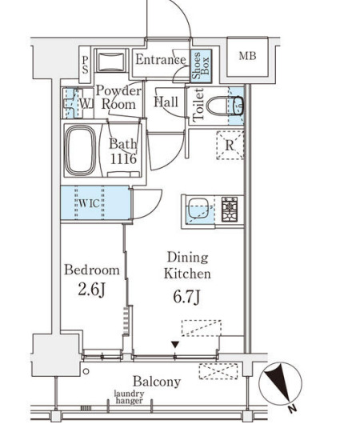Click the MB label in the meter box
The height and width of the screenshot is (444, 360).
[x=247, y=56]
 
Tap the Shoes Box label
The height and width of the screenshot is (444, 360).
[x=200, y=66]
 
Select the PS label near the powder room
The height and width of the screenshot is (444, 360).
[x=85, y=65]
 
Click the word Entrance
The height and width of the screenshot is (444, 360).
[x=161, y=60]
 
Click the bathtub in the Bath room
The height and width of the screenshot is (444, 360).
[x=81, y=150]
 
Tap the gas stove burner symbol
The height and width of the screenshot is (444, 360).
[x=230, y=210]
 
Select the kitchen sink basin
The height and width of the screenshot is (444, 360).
[x=199, y=210]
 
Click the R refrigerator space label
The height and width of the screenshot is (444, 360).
[x=230, y=146]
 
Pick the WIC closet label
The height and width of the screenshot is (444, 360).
[x=89, y=203]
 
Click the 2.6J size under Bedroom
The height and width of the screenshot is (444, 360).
[x=92, y=290]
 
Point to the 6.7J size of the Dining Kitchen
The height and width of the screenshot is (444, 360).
[x=187, y=297]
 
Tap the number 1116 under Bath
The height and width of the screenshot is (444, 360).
[x=123, y=159]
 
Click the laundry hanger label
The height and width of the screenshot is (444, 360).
[x=129, y=397]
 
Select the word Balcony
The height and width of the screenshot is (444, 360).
[x=157, y=382]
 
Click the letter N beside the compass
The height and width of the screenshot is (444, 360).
[x=292, y=409]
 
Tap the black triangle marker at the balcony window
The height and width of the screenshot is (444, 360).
[x=175, y=345]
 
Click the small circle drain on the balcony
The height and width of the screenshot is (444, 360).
[x=86, y=371]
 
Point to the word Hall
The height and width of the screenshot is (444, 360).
[x=166, y=102]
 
